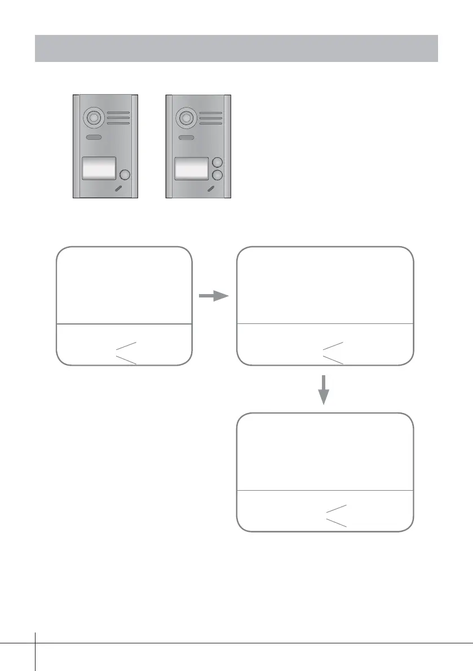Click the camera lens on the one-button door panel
coord(92,118)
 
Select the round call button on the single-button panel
coord(125,175)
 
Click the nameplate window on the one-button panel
coord(99,168)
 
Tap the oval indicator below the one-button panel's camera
coord(94,138)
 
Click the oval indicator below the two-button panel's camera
coord(186,138)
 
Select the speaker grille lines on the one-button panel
coord(117,118)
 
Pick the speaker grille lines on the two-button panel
coord(210,118)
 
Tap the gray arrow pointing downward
coord(324,389)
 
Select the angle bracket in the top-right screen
coord(333,352)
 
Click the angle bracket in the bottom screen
coord(336,516)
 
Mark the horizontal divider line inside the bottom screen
coord(324,490)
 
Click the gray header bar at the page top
coord(237,48)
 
